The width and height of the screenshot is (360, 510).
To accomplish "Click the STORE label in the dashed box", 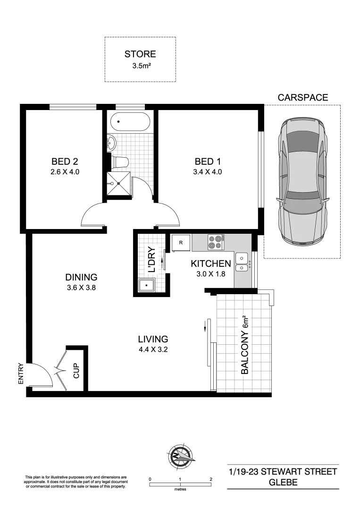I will coord(140,54).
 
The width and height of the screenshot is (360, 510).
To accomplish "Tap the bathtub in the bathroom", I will coord(130,123).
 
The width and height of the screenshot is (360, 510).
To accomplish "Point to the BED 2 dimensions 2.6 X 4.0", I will coord(64,172).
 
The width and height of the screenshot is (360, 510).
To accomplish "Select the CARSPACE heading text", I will coord(302,98).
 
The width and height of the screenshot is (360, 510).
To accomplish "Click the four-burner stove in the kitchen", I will coord(216,242).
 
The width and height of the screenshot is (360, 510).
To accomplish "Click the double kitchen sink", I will coord(243,263).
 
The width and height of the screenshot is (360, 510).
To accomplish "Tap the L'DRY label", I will coord(152,260).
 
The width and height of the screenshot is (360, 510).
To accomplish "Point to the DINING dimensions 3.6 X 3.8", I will coord(81,287).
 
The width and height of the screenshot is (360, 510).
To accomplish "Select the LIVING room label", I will coord(153,339).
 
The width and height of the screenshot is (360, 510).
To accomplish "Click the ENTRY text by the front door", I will coord(20,373).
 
